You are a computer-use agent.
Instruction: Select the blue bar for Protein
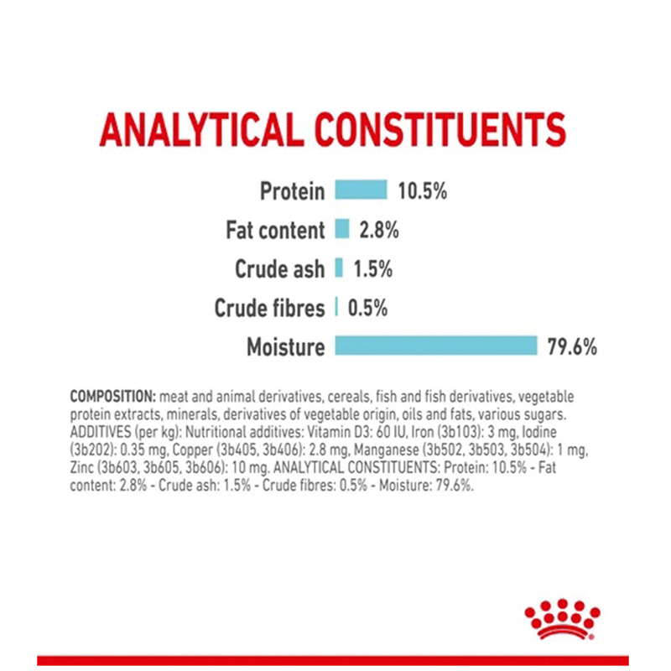tap(361, 190)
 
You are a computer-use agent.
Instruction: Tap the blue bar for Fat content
tap(342, 229)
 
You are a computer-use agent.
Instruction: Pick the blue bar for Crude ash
tap(340, 268)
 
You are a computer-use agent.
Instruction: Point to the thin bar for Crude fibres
tap(336, 307)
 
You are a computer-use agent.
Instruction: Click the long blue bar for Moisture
tap(435, 346)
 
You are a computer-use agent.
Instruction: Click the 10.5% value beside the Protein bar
tap(422, 191)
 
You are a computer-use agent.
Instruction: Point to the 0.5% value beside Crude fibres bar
tap(367, 308)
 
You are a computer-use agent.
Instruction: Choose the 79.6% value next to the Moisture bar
tap(572, 346)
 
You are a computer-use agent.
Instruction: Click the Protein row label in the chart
tap(291, 191)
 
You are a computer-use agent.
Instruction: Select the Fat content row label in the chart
tap(274, 230)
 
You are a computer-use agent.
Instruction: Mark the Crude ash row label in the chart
tap(278, 269)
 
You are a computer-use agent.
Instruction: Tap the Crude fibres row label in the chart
tap(268, 308)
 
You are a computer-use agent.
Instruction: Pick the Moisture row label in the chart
tap(284, 346)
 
